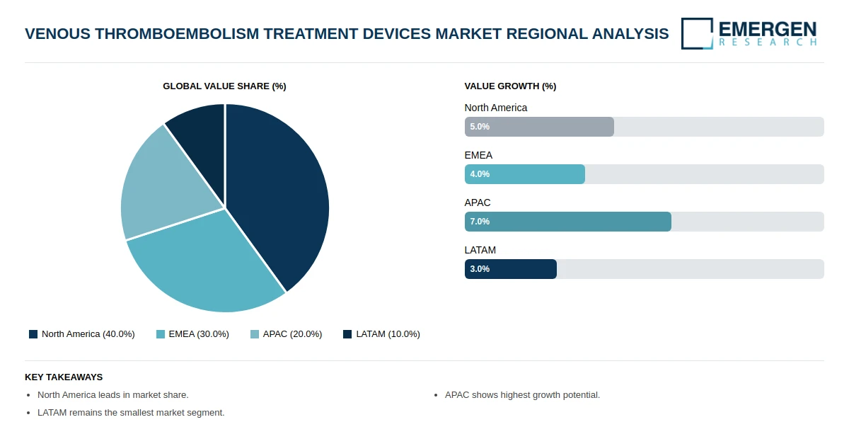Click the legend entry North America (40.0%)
(81, 334)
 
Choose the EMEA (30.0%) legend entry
(192, 334)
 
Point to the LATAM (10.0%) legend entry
(381, 334)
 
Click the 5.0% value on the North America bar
(480, 127)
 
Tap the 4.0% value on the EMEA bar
(480, 174)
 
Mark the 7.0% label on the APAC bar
(480, 222)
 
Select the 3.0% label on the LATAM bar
(480, 269)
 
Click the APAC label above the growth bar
(478, 203)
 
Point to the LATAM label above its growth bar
(480, 250)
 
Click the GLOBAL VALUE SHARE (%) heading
(224, 86)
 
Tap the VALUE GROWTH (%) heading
(510, 86)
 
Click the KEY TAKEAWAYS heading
(64, 377)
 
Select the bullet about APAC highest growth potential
(522, 395)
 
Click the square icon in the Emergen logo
(697, 33)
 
